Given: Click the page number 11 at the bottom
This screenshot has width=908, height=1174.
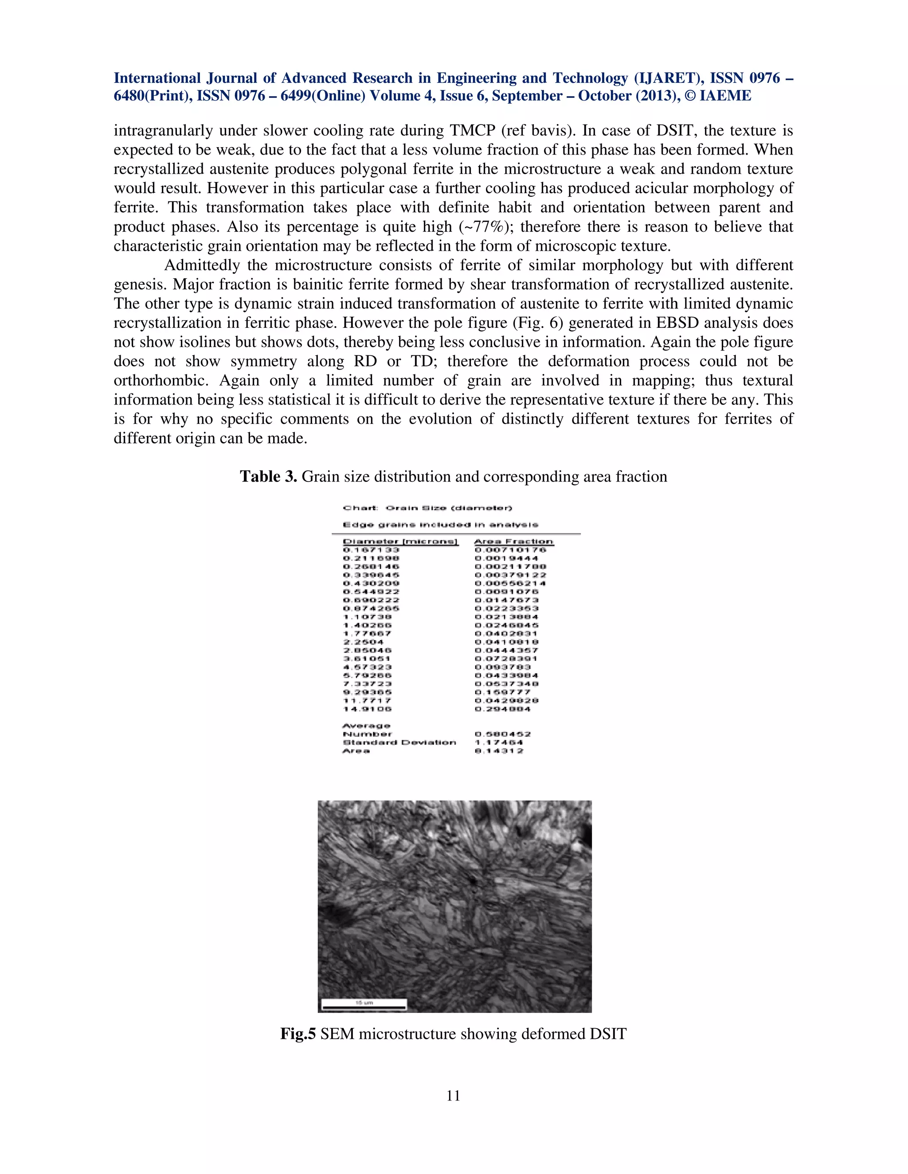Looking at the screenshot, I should pyautogui.click(x=453, y=1096).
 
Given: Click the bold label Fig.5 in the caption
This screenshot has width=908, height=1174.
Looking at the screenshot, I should pyautogui.click(x=297, y=1033).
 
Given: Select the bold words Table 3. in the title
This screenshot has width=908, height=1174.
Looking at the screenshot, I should pyautogui.click(x=268, y=476).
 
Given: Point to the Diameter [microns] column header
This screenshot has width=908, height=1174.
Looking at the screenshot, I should pyautogui.click(x=400, y=541).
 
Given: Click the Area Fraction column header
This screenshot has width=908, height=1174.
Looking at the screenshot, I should pyautogui.click(x=514, y=541).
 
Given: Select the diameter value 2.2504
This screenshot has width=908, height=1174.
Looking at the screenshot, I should pyautogui.click(x=363, y=642).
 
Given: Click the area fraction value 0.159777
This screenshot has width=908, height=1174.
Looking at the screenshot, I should pyautogui.click(x=502, y=692).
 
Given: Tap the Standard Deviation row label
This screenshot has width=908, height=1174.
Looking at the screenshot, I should pyautogui.click(x=399, y=742).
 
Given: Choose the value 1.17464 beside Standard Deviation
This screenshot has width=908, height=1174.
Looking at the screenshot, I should pyautogui.click(x=499, y=742).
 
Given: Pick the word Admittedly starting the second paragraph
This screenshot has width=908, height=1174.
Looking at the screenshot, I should pyautogui.click(x=202, y=265).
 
